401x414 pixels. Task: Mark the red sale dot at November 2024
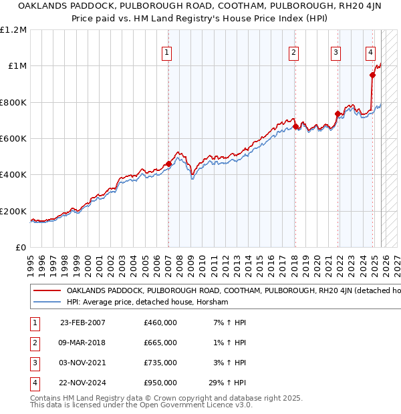[x=372, y=75]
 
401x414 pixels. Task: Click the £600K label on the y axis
[x=13, y=139]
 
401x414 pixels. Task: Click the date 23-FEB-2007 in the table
[x=83, y=323]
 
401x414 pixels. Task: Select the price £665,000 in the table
[x=160, y=343]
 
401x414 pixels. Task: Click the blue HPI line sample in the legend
[x=47, y=302]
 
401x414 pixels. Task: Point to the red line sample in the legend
[x=47, y=290]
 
